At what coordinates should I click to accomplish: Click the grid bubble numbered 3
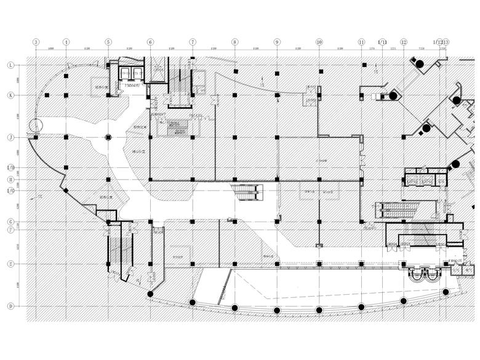(x=36, y=42)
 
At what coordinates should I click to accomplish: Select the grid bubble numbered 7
(x=193, y=42)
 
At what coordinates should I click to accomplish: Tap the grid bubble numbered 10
(x=319, y=42)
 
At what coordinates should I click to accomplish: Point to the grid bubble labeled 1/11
(x=382, y=42)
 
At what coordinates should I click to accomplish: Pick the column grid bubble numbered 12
(x=404, y=42)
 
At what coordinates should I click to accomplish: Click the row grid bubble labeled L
(x=10, y=65)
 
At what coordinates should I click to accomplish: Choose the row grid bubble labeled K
(x=10, y=95)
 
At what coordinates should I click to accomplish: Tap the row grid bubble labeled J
(x=10, y=137)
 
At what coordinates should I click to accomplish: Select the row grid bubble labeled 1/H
(x=10, y=167)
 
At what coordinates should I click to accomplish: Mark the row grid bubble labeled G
(x=10, y=222)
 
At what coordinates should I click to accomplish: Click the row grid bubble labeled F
(x=10, y=230)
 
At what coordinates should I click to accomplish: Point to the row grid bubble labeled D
(x=10, y=306)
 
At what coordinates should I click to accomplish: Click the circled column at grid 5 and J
(x=108, y=137)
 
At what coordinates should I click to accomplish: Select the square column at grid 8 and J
(x=235, y=137)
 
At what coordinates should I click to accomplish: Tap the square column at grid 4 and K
(x=66, y=95)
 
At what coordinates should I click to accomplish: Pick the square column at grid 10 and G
(x=319, y=222)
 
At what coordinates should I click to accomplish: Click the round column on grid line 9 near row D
(x=277, y=310)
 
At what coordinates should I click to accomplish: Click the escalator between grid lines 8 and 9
(x=247, y=192)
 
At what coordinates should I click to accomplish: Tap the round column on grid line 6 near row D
(x=151, y=295)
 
